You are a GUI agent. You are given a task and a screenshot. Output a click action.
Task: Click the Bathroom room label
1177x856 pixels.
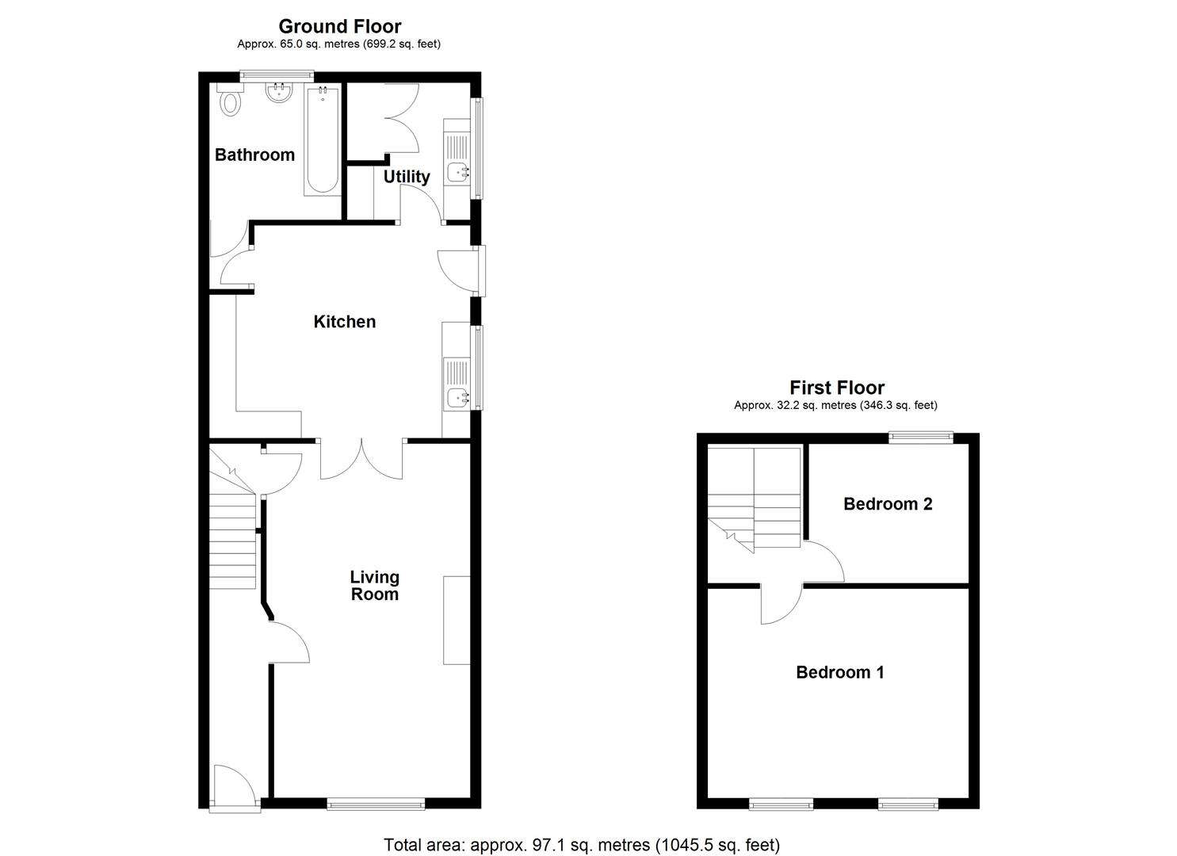pos(254,155)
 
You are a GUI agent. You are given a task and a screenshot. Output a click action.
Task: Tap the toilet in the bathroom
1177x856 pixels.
pos(230,101)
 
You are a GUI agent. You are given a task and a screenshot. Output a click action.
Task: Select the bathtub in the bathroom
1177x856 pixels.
pos(322,140)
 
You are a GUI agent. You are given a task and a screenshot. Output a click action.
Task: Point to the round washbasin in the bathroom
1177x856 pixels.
pos(277,94)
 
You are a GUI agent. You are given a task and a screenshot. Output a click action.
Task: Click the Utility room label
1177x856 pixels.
pos(407,177)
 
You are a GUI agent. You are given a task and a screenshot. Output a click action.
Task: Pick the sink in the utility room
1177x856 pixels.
pos(457,171)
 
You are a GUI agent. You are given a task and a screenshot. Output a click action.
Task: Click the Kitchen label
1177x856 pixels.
pos(345,322)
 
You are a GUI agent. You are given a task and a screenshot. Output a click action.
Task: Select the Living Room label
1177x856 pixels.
pos(375,586)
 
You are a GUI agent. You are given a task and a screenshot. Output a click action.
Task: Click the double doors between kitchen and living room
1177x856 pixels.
pos(362,460)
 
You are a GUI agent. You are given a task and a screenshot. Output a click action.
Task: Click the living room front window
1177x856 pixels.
pos(376,804)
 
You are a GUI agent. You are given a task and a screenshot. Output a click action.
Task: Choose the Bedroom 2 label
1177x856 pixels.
pos(888,504)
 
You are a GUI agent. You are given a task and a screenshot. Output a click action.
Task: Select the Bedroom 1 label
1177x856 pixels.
pos(840,673)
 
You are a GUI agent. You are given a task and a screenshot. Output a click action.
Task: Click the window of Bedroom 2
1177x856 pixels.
pos(920,435)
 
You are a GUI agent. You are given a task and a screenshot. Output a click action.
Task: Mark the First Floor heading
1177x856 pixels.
pos(837,388)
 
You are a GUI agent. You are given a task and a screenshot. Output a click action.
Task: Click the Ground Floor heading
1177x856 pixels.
pos(340,27)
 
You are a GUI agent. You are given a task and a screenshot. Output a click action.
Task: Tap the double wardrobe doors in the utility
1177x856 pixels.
pos(402,118)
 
